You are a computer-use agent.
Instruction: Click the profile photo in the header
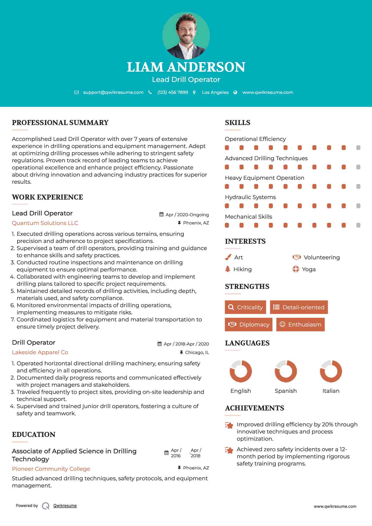[186, 36]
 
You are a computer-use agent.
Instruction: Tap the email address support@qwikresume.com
[113, 93]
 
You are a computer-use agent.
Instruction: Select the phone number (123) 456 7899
[173, 93]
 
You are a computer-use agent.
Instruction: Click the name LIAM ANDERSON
[186, 67]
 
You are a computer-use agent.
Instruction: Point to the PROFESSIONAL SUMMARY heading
[60, 123]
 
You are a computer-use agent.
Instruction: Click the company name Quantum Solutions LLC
[45, 223]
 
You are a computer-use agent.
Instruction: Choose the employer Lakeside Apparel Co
[40, 352]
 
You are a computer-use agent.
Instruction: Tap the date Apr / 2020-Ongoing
[187, 215]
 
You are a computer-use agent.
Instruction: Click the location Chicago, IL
[197, 352]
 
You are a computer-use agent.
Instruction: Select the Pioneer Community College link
[51, 469]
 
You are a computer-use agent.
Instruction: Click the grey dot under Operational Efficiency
[358, 148]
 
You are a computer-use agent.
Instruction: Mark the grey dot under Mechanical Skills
[358, 225]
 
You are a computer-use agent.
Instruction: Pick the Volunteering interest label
[322, 257]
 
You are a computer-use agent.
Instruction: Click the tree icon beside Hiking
[228, 269]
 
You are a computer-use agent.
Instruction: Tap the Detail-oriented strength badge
[299, 307]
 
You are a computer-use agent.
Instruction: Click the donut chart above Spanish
[286, 371]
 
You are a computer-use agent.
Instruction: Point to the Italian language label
[331, 391]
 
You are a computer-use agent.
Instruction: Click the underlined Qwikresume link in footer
[65, 506]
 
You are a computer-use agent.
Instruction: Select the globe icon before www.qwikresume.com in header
[235, 93]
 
